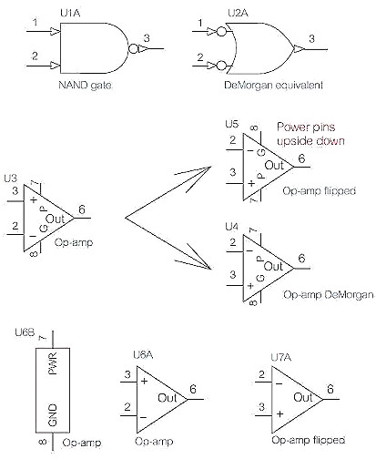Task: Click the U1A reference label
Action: (70, 13)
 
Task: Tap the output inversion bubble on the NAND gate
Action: (133, 48)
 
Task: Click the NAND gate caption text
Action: (85, 85)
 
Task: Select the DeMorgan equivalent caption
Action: (273, 85)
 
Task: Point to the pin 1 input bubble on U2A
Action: (221, 32)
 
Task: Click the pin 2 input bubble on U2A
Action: (221, 66)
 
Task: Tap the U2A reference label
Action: (238, 13)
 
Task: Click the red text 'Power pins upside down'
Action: (310, 134)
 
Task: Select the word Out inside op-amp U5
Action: (274, 166)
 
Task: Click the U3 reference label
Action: (11, 178)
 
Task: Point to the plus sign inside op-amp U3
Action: (34, 199)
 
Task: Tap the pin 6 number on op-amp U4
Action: (301, 259)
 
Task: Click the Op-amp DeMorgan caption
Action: (328, 294)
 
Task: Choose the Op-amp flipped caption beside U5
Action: (319, 190)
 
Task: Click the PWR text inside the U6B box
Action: (53, 363)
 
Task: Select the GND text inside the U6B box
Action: (53, 414)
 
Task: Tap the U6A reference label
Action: (143, 355)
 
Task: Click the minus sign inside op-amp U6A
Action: (144, 418)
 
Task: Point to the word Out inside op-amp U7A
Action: (303, 397)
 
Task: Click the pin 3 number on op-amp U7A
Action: (261, 406)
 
